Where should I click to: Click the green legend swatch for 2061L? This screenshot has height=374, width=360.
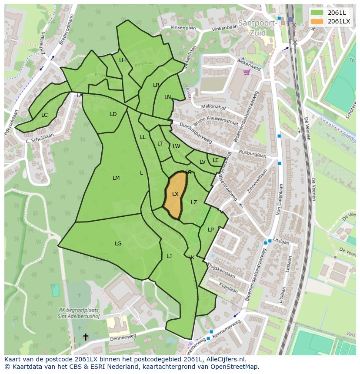317,13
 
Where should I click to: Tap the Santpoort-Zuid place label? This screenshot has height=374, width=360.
257,27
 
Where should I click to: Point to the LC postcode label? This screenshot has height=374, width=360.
44,115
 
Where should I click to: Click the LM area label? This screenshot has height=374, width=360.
116,178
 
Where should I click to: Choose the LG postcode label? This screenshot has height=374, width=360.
118,244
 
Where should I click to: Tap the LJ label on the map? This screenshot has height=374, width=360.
169,256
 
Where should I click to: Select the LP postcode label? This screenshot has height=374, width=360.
211,230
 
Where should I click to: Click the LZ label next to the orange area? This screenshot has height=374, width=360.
194,202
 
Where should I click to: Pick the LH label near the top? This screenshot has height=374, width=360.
122,60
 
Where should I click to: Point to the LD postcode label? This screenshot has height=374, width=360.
113,114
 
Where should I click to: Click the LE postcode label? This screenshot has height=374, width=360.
216,160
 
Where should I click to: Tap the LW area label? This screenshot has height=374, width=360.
176,146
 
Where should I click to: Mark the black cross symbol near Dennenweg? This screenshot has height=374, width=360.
86,337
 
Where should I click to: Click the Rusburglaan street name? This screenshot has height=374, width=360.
252,154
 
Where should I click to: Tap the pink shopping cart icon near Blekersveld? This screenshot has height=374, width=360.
247,72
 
